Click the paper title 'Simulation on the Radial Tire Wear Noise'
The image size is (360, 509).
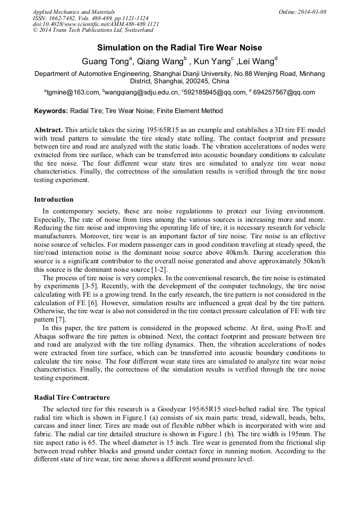(x=179, y=47)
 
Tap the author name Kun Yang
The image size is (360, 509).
(x=210, y=61)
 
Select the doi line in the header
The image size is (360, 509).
(x=96, y=24)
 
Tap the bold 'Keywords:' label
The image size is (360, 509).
(x=51, y=111)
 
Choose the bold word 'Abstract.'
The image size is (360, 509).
(x=49, y=130)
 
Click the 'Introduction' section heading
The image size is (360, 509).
(x=54, y=200)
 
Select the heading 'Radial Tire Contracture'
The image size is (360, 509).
(x=72, y=397)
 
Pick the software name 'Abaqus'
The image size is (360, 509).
(x=46, y=336)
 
